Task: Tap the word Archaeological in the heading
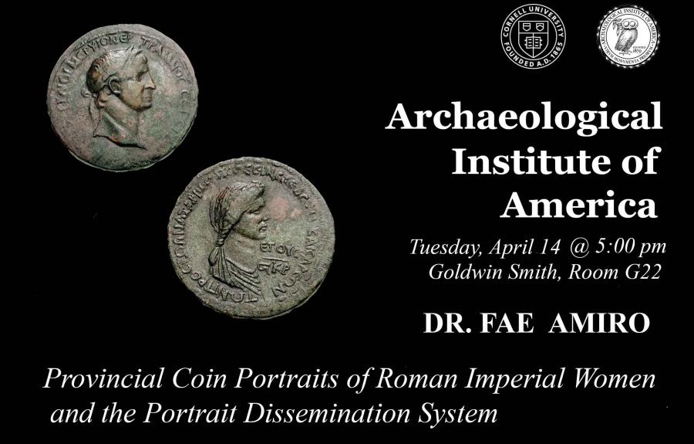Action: [524, 119]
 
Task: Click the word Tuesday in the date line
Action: [439, 248]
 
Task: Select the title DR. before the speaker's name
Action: [446, 323]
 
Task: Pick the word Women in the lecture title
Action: [613, 381]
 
